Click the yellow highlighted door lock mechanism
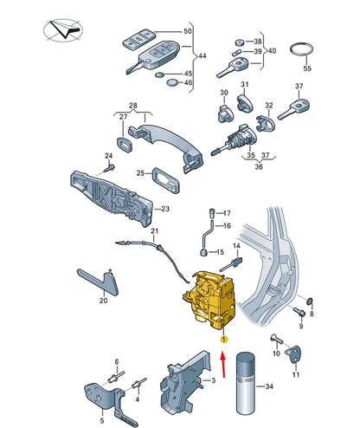tap(209, 301)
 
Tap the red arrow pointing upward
tap(222, 364)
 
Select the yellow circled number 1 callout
tap(224, 340)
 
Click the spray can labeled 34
tap(245, 383)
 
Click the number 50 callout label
tap(188, 31)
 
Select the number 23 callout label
tap(165, 209)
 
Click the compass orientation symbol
tap(63, 30)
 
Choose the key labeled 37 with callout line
tap(294, 109)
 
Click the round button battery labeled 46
tap(172, 82)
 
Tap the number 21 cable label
tap(155, 231)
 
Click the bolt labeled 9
tap(299, 311)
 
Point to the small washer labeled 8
tap(310, 302)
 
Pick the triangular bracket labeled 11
tap(293, 354)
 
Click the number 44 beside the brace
tap(202, 55)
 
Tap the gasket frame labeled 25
tap(166, 180)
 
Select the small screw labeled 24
tap(110, 167)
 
